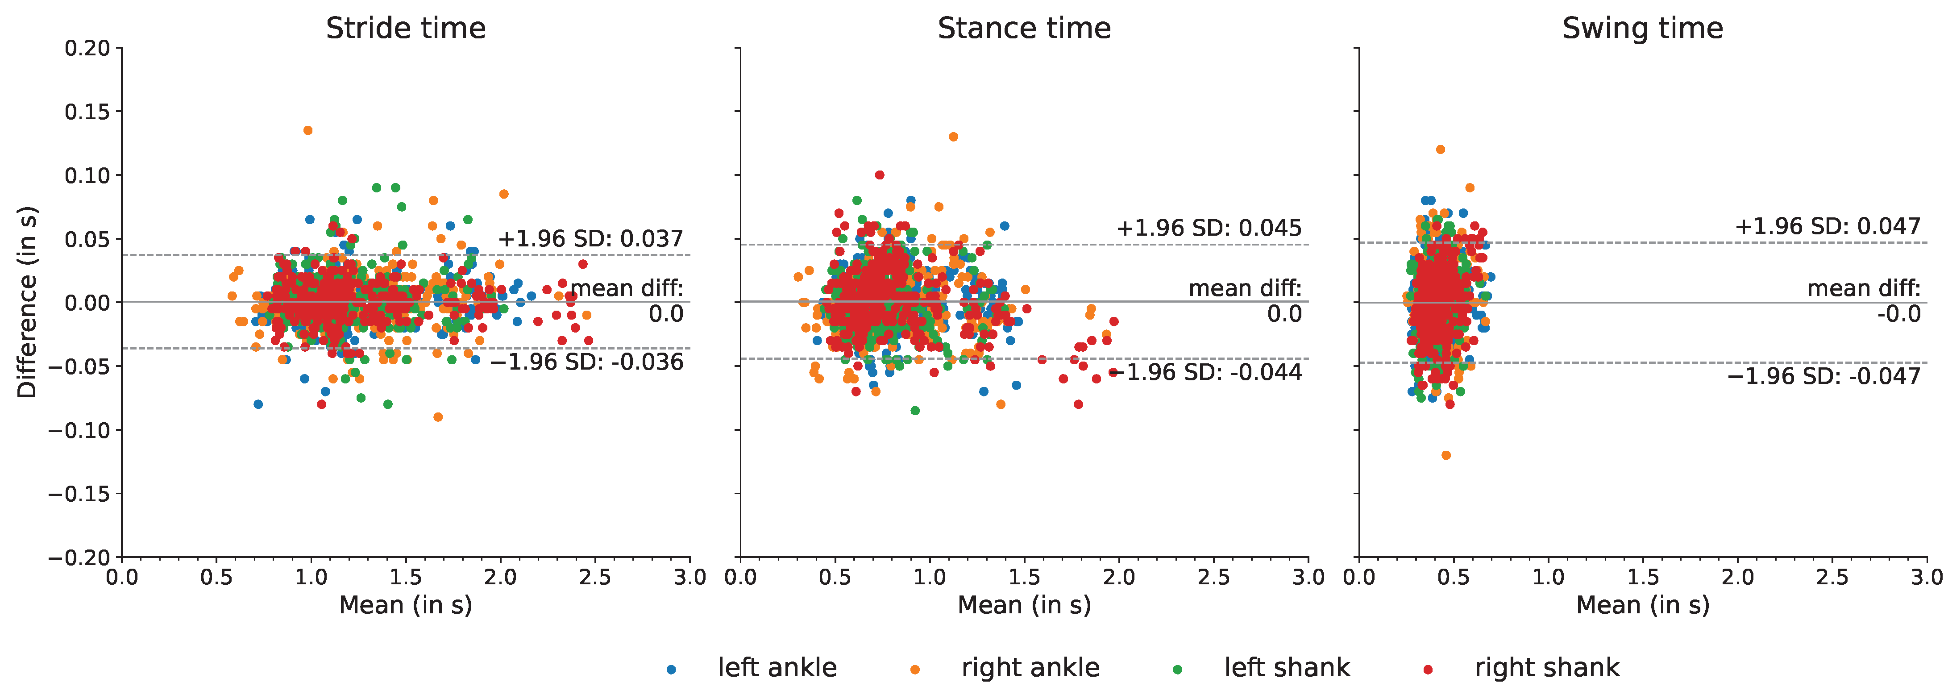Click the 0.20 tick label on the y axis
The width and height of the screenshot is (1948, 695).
point(87,48)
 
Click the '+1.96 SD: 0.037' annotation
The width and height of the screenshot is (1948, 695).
point(590,239)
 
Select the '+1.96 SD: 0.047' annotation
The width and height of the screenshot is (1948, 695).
point(1827,226)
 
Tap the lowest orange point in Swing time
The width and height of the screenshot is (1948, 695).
point(1446,455)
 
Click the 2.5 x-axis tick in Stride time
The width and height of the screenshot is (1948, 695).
point(595,578)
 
